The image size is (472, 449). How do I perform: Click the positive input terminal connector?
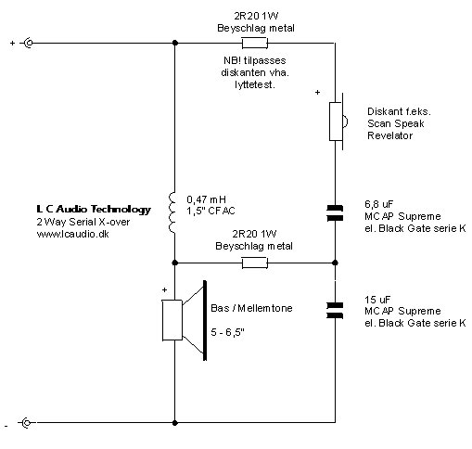click(x=29, y=43)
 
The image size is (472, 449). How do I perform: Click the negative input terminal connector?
click(x=27, y=422)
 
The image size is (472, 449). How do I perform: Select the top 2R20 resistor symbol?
click(x=255, y=43)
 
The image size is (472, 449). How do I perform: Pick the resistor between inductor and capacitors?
click(x=254, y=263)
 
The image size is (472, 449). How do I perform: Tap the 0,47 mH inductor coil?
click(x=172, y=212)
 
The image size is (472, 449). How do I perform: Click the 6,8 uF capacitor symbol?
click(x=335, y=212)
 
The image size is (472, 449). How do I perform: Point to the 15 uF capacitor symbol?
click(x=335, y=310)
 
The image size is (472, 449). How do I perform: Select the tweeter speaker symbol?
click(x=338, y=122)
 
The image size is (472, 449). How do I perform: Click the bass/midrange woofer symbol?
click(x=185, y=320)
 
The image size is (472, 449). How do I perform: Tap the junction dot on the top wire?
click(x=175, y=43)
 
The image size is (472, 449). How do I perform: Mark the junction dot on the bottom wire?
click(x=175, y=422)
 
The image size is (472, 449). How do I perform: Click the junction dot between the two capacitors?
click(x=335, y=263)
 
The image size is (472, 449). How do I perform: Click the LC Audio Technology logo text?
click(x=94, y=210)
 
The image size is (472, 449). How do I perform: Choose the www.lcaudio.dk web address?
click(x=72, y=234)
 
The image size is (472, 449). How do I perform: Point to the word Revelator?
click(x=389, y=135)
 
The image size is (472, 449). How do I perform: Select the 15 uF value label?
click(x=377, y=300)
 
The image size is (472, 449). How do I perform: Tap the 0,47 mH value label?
click(x=206, y=199)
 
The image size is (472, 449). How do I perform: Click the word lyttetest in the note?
click(x=254, y=84)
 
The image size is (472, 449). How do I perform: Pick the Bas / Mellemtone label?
click(x=251, y=308)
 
